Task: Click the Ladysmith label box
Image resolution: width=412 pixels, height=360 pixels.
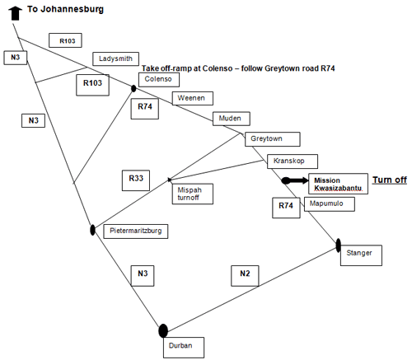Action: click(115, 58)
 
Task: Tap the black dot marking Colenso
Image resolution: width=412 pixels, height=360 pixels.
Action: click(133, 88)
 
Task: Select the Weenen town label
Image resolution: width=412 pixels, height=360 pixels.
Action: click(193, 98)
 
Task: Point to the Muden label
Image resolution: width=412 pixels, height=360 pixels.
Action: click(232, 119)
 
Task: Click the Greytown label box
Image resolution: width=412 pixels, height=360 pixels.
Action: click(273, 139)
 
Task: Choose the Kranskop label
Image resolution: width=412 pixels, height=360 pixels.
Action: click(293, 161)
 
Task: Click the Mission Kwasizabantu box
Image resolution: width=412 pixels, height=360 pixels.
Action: click(338, 184)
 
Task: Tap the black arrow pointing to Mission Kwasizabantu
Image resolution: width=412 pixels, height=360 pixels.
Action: click(295, 180)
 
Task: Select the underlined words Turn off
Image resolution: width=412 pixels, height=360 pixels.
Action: click(390, 180)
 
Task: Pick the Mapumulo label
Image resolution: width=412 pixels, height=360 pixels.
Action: click(330, 204)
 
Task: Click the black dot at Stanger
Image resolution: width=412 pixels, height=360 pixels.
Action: click(339, 245)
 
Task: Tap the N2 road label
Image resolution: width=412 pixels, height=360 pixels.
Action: click(245, 276)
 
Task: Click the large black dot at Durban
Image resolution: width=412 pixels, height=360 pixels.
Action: click(163, 330)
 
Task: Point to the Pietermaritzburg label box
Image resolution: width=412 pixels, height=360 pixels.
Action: click(136, 231)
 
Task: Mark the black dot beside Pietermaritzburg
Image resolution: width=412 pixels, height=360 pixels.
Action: click(92, 230)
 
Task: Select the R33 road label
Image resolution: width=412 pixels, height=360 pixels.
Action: click(136, 180)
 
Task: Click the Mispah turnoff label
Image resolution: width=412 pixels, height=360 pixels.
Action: click(193, 194)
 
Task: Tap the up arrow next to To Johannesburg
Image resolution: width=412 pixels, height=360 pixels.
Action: click(16, 13)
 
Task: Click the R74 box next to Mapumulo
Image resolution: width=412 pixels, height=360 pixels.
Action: click(286, 208)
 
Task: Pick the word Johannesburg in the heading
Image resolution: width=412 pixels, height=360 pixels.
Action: click(73, 10)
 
